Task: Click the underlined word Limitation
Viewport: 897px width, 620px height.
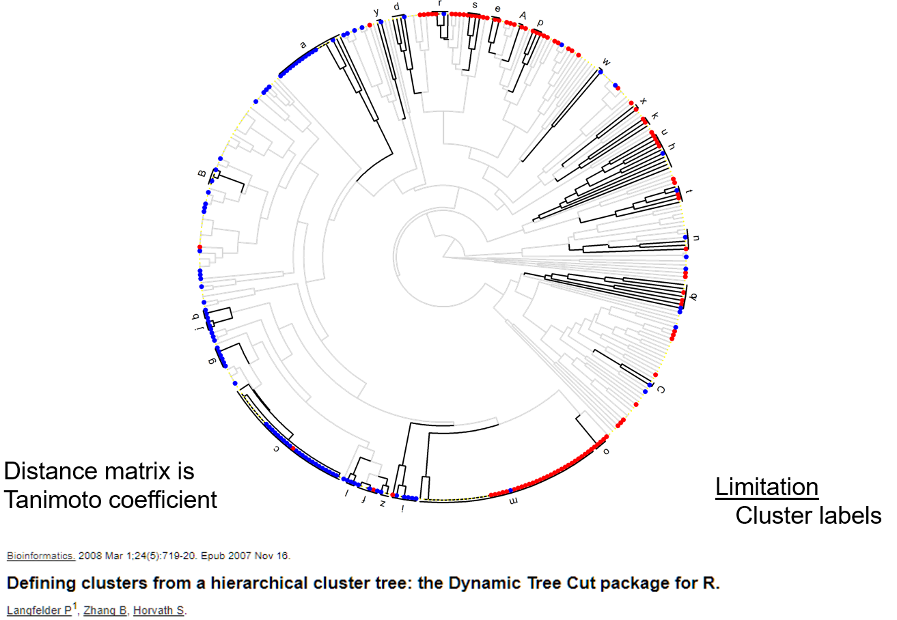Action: (767, 487)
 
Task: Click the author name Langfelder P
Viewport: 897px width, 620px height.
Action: (38, 610)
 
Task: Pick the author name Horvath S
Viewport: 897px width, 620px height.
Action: (158, 610)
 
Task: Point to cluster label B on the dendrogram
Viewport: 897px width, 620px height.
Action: (202, 174)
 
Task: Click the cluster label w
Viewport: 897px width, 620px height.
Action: (606, 62)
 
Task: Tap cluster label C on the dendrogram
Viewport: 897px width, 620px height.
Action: (660, 390)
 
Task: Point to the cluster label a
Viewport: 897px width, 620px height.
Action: (303, 45)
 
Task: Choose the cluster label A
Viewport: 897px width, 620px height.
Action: (523, 15)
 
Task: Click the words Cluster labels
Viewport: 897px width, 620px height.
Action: (808, 516)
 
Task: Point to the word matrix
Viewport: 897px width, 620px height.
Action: (146, 471)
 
